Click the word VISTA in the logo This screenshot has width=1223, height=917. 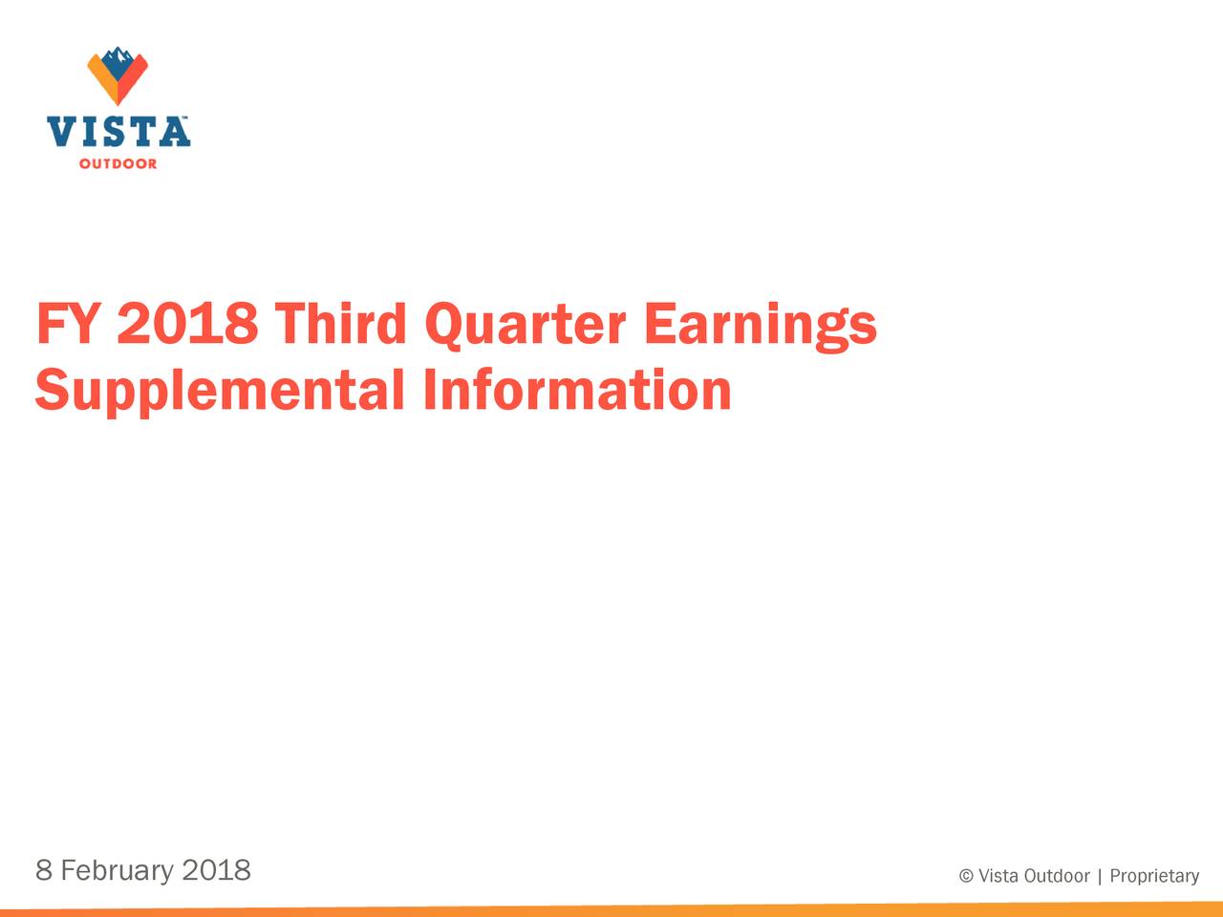[118, 131]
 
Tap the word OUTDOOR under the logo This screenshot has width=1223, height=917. [118, 164]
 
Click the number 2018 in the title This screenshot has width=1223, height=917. [187, 325]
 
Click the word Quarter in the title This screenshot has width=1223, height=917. [525, 325]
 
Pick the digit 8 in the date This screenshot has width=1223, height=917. [43, 870]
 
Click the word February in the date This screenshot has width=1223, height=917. [117, 871]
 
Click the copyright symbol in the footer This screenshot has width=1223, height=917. [966, 876]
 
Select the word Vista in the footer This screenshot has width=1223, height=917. [998, 876]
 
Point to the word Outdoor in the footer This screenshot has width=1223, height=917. [1057, 876]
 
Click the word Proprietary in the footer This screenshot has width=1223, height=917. [1154, 877]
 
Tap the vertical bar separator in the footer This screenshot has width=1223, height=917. [1100, 876]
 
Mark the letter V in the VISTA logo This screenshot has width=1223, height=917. [61, 131]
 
